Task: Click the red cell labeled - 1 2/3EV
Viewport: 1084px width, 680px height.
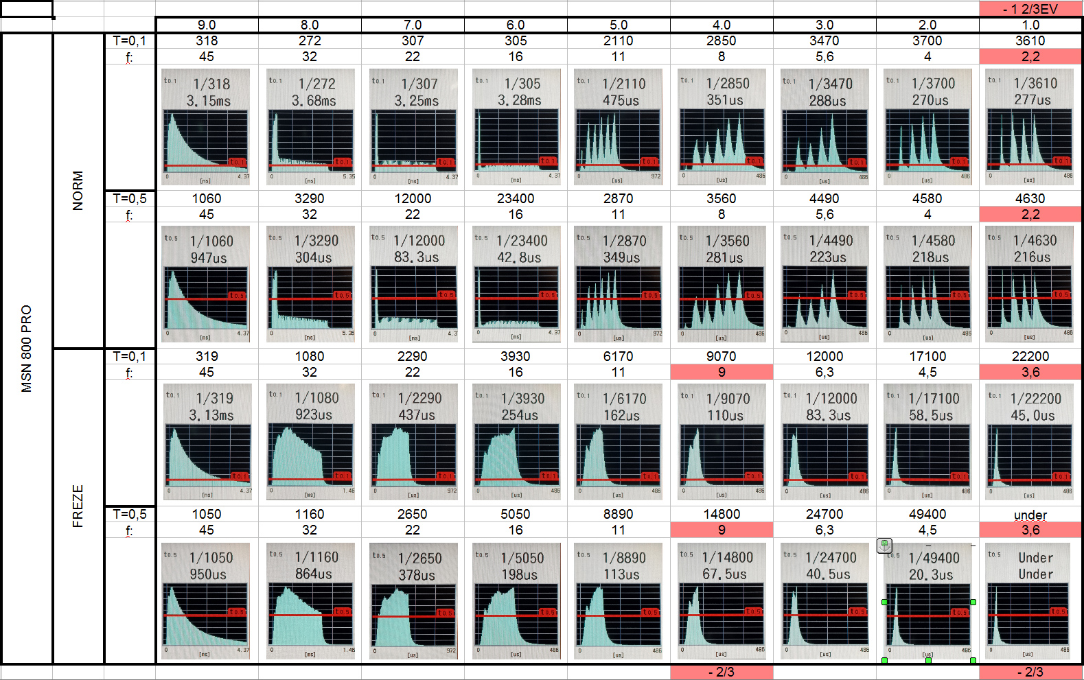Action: tap(1030, 9)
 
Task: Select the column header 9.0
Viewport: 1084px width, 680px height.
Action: tap(207, 25)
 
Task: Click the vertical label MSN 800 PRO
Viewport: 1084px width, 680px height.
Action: tap(27, 348)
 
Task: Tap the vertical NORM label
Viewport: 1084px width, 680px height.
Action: tap(78, 190)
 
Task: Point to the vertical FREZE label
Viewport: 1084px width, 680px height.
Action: tap(78, 506)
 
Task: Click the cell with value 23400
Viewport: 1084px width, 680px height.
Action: tap(516, 199)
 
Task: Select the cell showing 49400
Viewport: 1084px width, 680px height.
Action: tap(927, 515)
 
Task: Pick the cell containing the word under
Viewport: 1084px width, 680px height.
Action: tap(1030, 515)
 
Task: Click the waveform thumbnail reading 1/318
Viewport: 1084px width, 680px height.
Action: tap(207, 127)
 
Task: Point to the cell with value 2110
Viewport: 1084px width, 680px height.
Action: tap(619, 41)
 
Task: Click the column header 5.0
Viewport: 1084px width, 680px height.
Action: tap(619, 25)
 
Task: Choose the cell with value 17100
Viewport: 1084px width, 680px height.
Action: tap(927, 357)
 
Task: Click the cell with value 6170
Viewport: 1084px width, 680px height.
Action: tap(619, 357)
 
